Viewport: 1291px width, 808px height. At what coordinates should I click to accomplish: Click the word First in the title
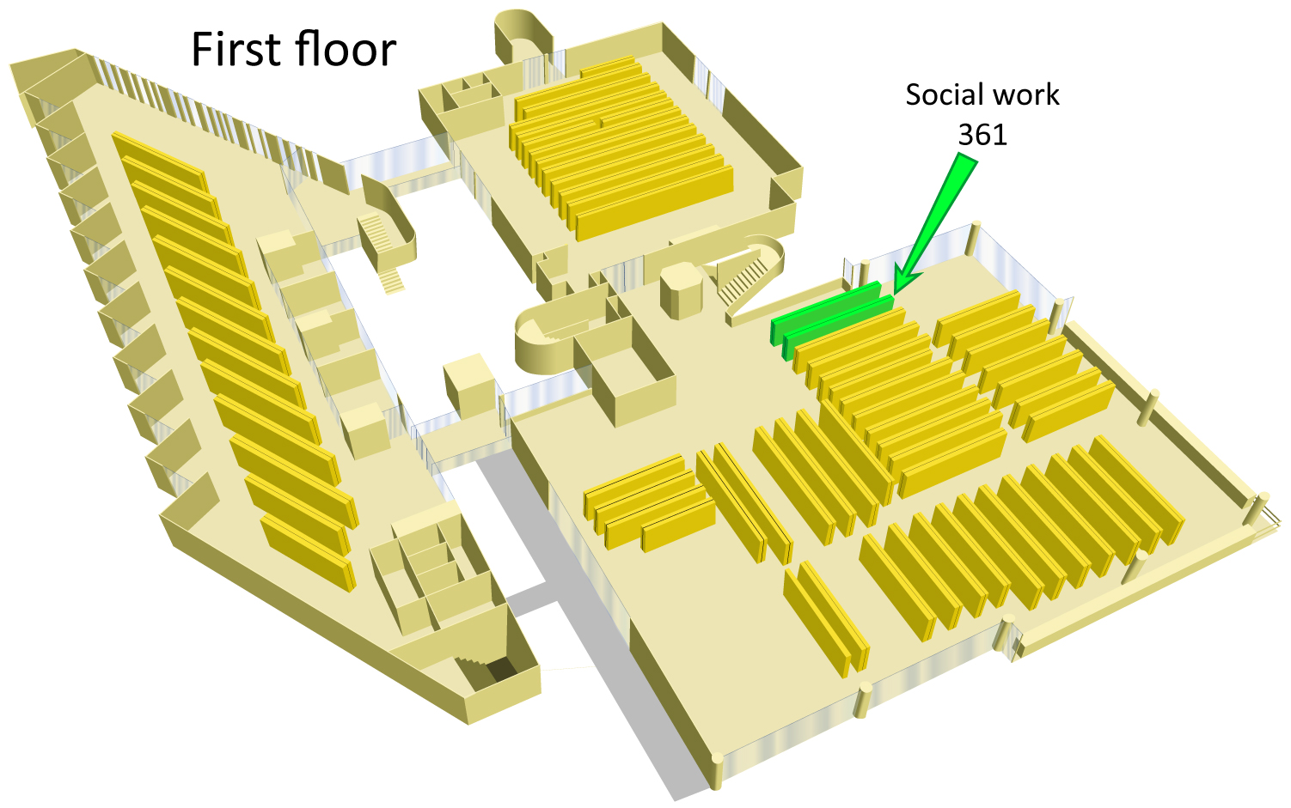[x=236, y=50]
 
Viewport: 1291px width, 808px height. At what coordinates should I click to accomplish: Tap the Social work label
[x=982, y=95]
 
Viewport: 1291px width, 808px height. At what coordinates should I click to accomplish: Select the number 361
[x=982, y=134]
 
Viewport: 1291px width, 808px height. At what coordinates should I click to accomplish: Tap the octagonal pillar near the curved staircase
[x=681, y=290]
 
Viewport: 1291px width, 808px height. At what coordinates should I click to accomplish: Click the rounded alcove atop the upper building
[x=523, y=33]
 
